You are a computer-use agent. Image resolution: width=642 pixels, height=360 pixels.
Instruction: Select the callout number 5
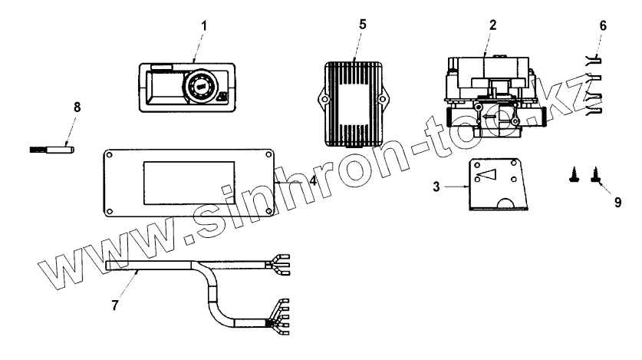(x=363, y=24)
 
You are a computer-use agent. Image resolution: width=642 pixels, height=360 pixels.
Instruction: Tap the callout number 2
(x=493, y=24)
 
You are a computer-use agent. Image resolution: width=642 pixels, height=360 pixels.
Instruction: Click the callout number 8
(x=77, y=108)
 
